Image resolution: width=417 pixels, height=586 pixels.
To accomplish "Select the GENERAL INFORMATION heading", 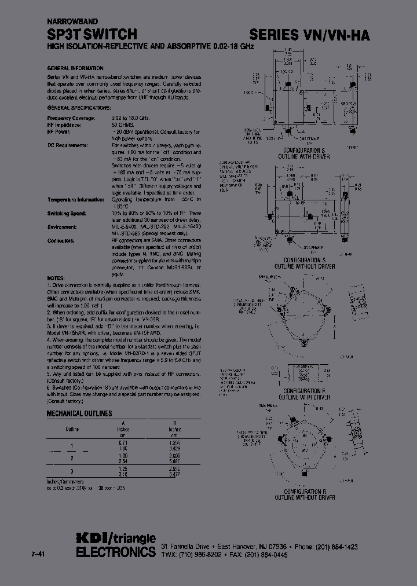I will pyautogui.click(x=75, y=68).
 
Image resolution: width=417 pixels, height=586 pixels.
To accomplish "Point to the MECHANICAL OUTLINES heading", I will pyautogui.click(x=79, y=414).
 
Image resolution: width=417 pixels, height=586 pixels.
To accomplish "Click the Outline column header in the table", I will pyautogui.click(x=72, y=429).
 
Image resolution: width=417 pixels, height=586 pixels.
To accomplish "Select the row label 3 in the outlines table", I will pyautogui.click(x=72, y=470).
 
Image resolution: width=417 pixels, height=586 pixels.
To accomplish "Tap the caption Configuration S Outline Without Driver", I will pyautogui.click(x=306, y=263).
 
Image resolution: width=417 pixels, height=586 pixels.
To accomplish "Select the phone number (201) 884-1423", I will pyautogui.click(x=338, y=547).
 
